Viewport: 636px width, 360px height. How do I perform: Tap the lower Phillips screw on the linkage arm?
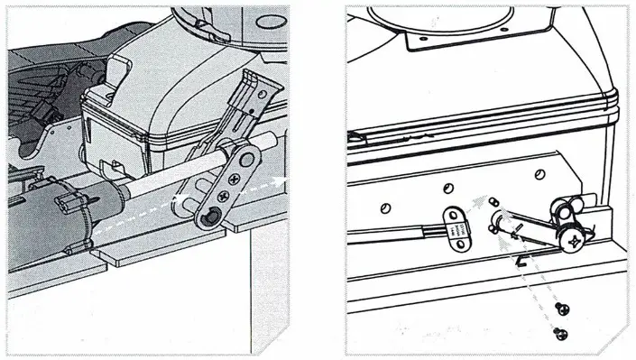pyautogui.click(x=217, y=198)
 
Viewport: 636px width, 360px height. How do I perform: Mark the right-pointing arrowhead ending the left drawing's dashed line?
pyautogui.click(x=284, y=180)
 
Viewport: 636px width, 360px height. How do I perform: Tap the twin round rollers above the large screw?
pyautogui.click(x=567, y=212)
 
